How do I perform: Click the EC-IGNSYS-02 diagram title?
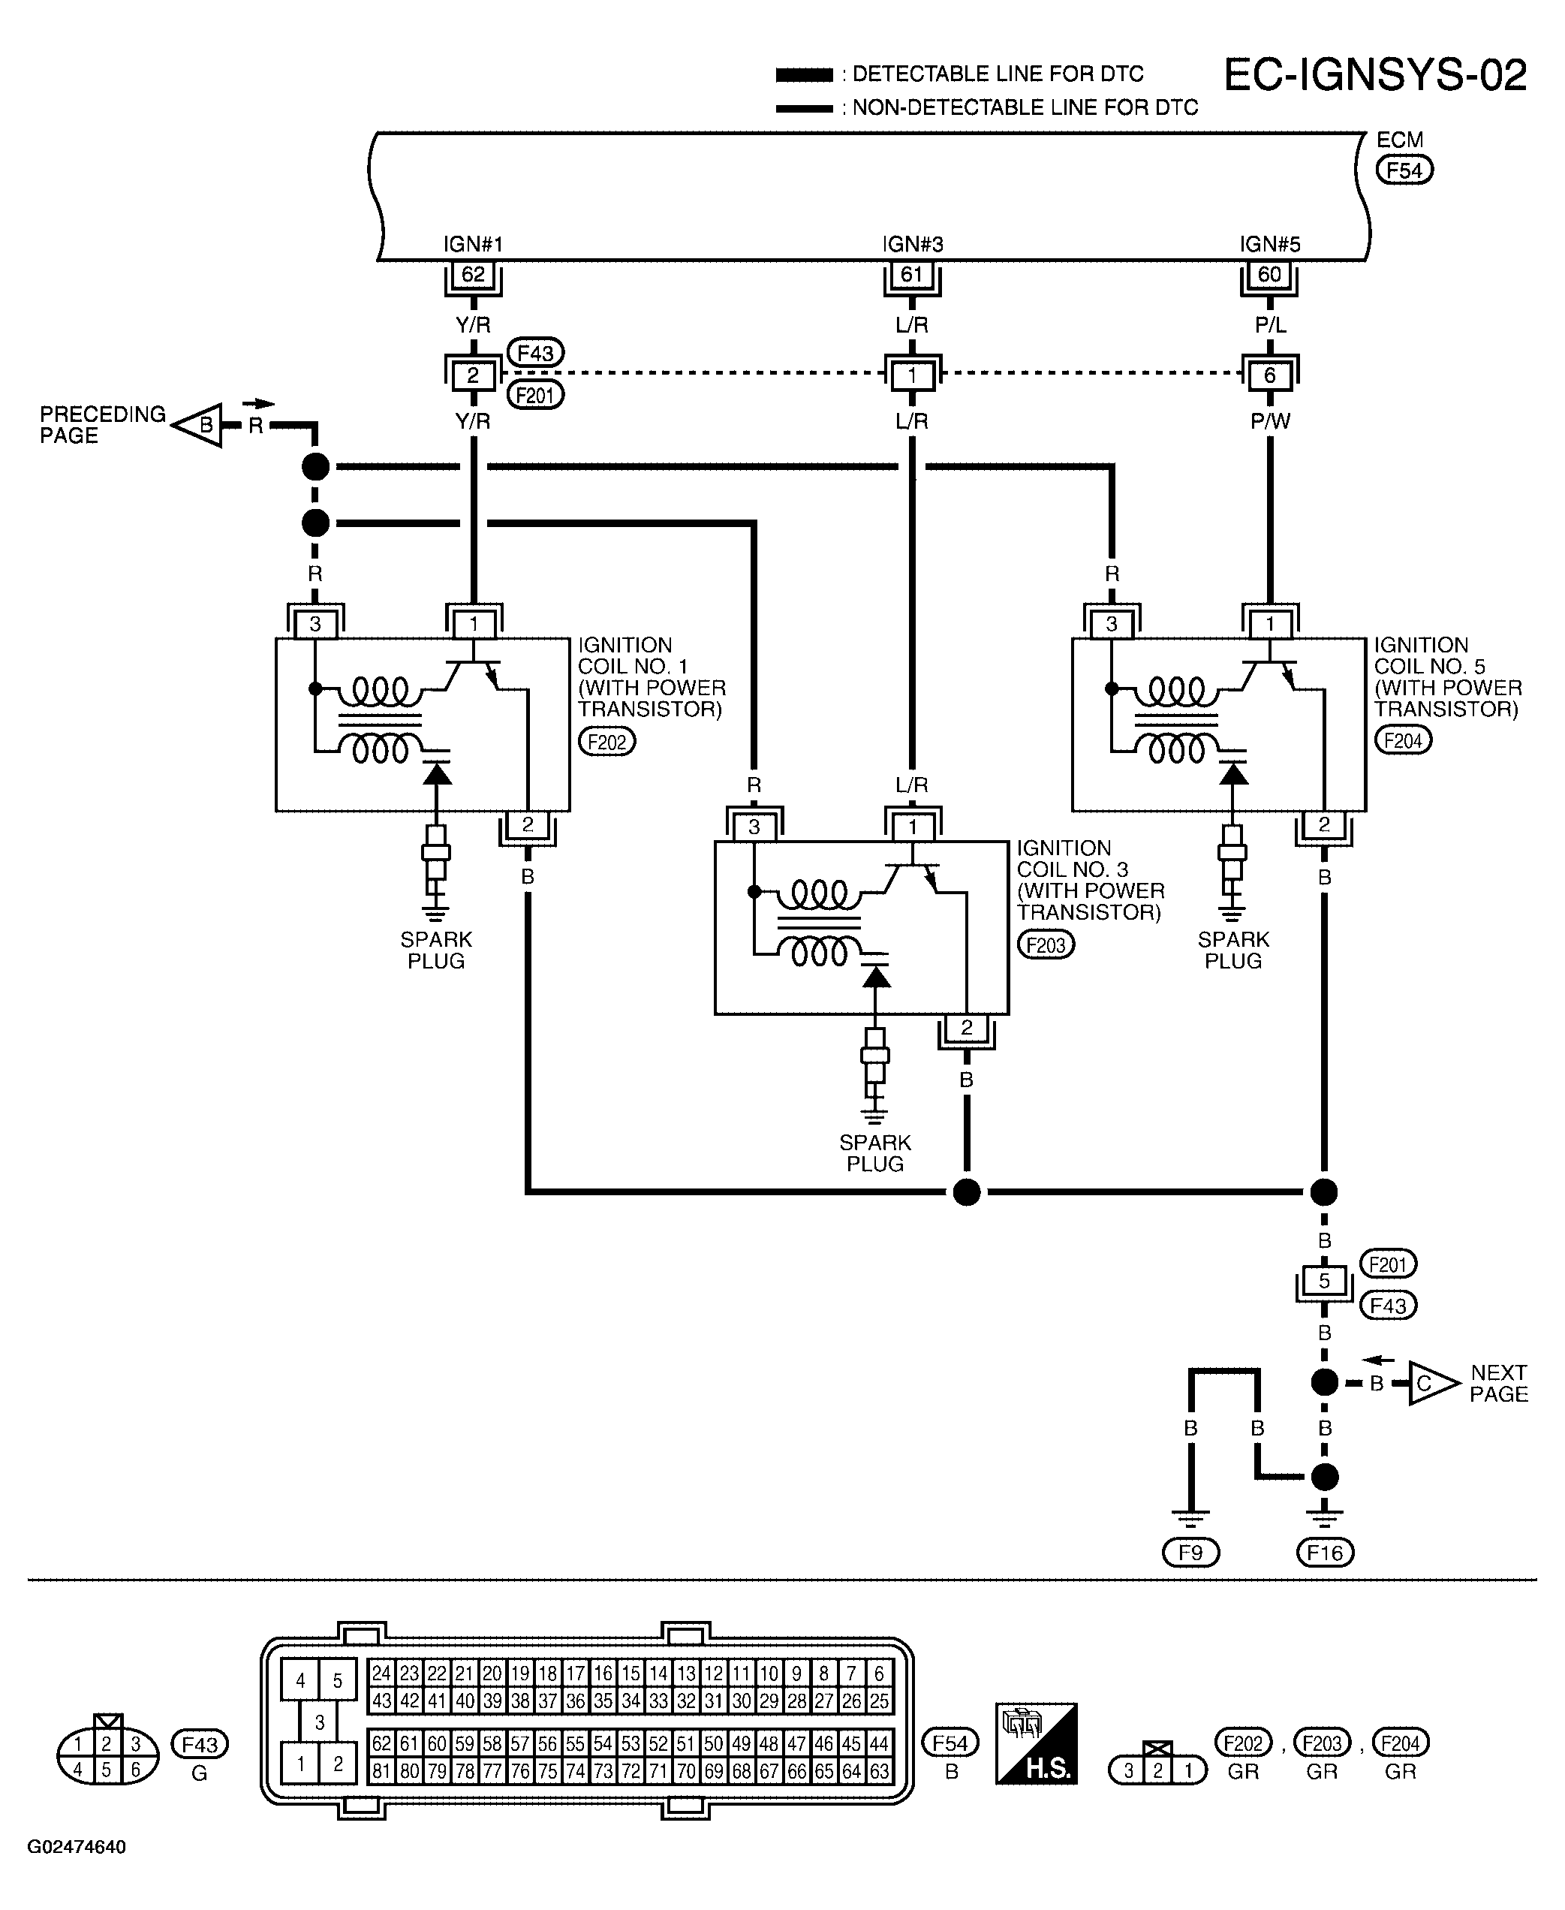[x=1375, y=76]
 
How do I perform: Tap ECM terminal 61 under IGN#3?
[x=911, y=274]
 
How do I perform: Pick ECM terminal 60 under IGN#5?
[x=1269, y=274]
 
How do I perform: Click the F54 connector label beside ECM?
[x=1404, y=170]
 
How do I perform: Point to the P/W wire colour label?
[x=1270, y=421]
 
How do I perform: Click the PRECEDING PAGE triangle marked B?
[x=199, y=425]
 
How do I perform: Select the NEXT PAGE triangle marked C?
[x=1431, y=1382]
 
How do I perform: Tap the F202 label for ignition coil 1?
[x=606, y=741]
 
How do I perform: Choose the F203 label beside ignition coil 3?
[x=1046, y=945]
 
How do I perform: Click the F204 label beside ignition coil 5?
[x=1403, y=740]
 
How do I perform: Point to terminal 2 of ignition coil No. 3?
[x=967, y=1027]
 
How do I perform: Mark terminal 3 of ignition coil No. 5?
[x=1112, y=623]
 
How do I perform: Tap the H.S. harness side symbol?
[x=1036, y=1743]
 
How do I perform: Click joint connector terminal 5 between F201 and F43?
[x=1323, y=1281]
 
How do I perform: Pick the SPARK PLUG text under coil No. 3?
[x=874, y=1153]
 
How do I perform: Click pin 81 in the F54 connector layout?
[x=381, y=1770]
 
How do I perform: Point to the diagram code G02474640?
[x=77, y=1847]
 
